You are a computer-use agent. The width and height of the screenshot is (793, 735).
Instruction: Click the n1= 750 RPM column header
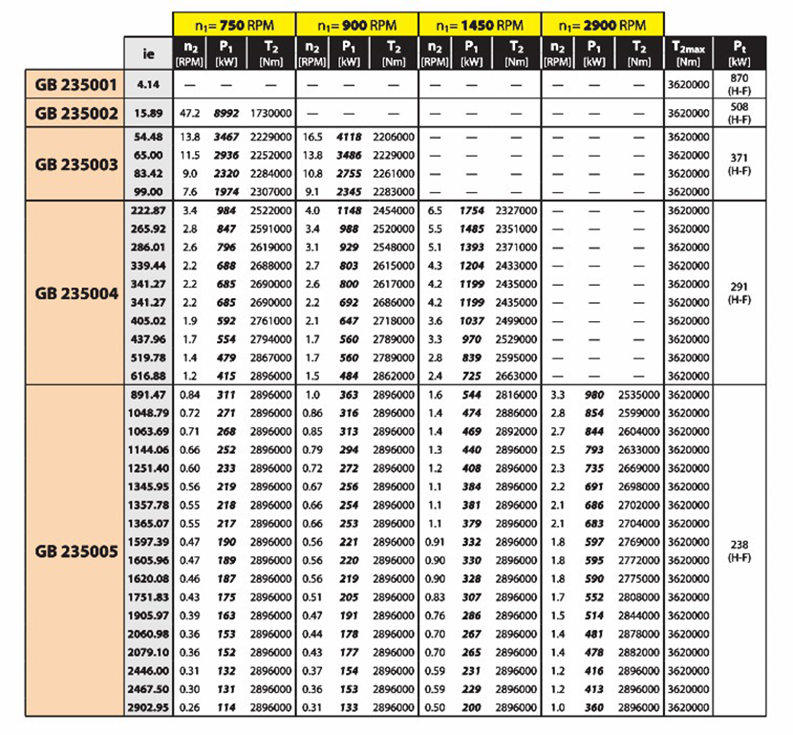234,24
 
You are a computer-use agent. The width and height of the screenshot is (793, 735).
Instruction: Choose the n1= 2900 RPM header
603,24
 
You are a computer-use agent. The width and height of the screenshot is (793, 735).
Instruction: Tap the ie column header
148,54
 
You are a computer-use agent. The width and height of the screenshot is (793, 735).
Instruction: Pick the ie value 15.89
148,112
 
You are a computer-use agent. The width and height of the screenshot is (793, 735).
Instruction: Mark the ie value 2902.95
146,706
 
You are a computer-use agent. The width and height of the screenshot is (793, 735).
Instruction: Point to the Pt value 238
739,545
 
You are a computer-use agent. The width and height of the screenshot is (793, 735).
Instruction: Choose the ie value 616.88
146,375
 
